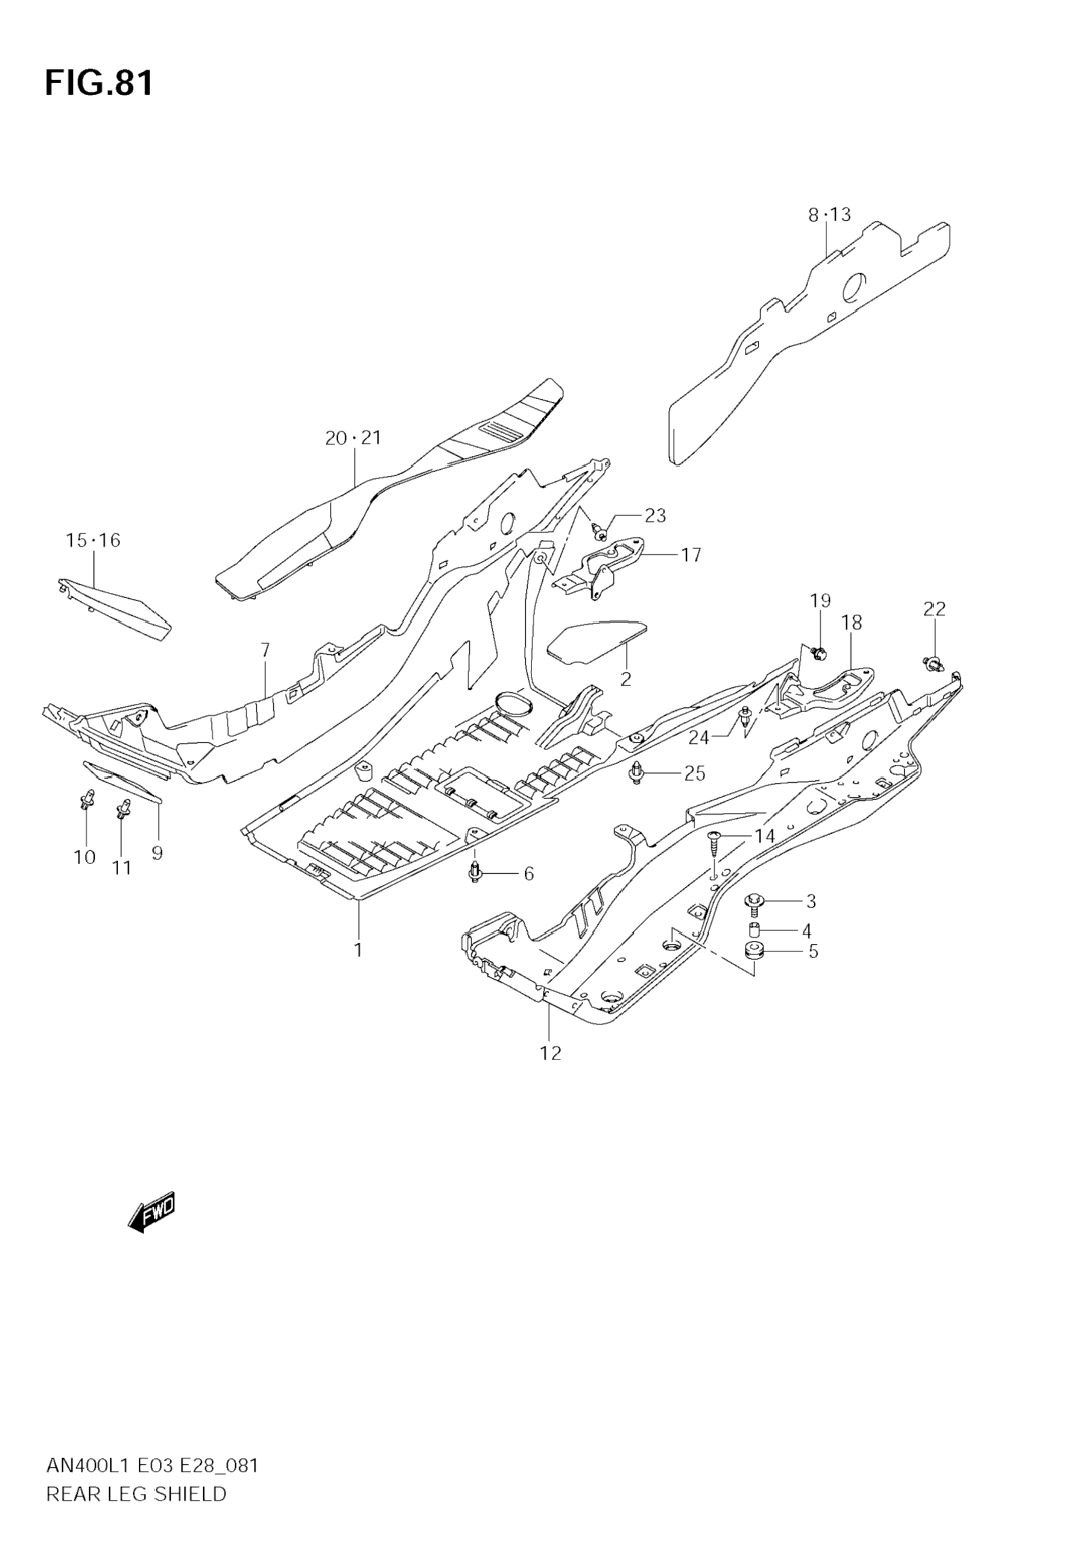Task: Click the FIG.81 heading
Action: pos(100,84)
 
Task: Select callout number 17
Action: pos(691,555)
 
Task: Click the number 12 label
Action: pos(550,1053)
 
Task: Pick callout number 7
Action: pos(265,650)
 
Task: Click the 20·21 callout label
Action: pos(353,438)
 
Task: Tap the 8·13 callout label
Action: pos(829,215)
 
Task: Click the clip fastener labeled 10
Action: pos(87,799)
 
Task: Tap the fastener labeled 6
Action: pos(475,872)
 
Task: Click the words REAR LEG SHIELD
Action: pos(136,1512)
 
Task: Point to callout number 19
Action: pos(820,601)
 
